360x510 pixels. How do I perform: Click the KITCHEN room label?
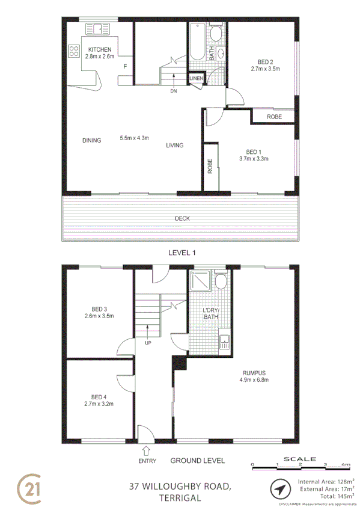[x=100, y=49]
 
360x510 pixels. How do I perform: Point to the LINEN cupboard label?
[x=197, y=79]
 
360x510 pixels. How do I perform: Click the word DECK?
[x=182, y=218]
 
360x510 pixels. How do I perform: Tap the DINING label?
[x=92, y=140]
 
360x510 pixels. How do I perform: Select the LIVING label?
[x=175, y=145]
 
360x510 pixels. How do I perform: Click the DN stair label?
[x=174, y=91]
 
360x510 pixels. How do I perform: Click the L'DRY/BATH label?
[x=211, y=313]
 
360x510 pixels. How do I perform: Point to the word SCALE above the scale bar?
[x=301, y=458]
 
